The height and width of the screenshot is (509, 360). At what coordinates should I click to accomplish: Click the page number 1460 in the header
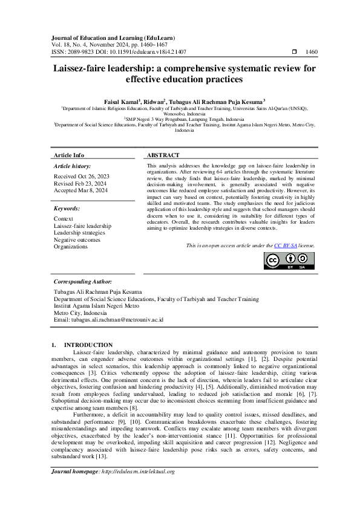[311, 53]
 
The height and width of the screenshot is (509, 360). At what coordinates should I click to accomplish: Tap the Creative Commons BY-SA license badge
[289, 261]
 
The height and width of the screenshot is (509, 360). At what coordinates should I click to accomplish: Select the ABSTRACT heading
[162, 155]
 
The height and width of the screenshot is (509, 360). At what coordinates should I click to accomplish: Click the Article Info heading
[69, 155]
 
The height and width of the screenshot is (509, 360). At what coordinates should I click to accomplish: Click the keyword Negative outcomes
[77, 240]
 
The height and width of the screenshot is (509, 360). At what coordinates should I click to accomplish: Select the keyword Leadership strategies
[79, 233]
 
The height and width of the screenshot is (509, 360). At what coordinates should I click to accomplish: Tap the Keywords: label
[67, 209]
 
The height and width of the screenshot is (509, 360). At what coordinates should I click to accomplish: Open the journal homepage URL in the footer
[139, 488]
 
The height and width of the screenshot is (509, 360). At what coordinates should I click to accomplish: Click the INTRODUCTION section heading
[88, 345]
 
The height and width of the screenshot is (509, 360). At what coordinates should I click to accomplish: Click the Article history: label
[73, 166]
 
